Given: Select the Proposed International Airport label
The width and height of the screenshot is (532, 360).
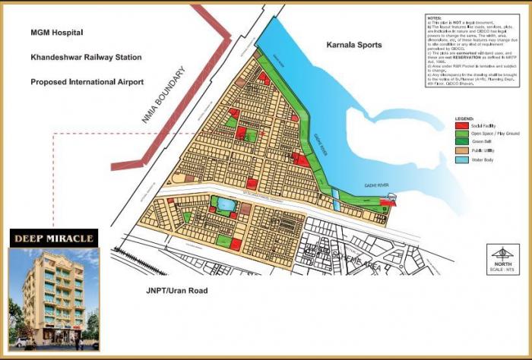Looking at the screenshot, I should (x=87, y=81).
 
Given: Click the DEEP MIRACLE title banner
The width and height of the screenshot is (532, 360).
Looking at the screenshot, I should (x=53, y=238).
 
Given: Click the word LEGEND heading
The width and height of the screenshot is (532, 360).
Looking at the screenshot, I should (x=464, y=119).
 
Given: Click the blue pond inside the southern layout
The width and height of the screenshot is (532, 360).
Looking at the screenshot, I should (x=225, y=204).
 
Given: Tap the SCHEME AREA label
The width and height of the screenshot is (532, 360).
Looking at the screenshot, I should (x=334, y=258).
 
